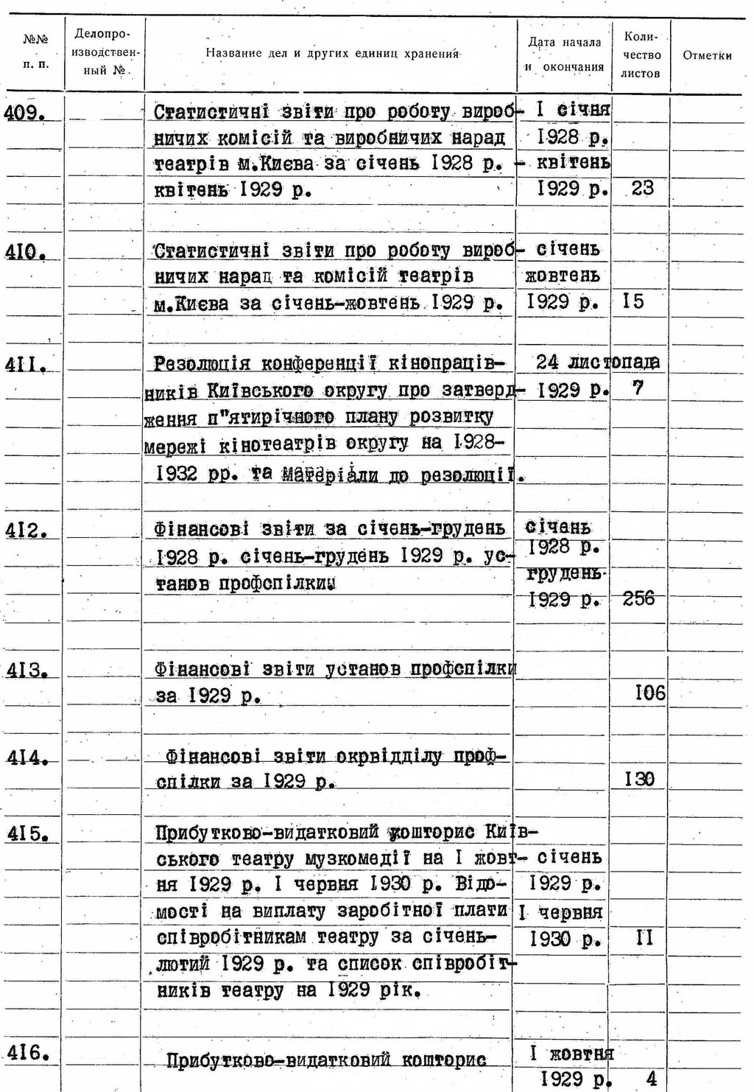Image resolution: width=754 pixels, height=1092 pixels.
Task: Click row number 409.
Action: tap(26, 113)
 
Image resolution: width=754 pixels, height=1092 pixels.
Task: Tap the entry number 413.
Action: tap(26, 671)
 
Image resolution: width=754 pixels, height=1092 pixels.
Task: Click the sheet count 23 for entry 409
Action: tap(641, 189)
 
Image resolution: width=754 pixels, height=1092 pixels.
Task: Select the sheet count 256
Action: tap(638, 598)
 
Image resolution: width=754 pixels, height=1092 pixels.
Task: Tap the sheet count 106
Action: tap(649, 693)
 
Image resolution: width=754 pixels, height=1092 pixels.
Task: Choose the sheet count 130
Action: tap(639, 779)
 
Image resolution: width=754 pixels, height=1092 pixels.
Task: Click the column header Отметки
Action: tap(707, 55)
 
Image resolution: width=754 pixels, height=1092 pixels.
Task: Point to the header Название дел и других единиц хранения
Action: tap(332, 54)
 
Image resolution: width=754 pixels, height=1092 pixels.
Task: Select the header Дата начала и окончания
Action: tap(564, 55)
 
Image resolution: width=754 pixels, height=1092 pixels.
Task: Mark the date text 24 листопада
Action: tap(597, 362)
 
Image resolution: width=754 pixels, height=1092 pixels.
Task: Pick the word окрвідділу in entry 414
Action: tap(390, 757)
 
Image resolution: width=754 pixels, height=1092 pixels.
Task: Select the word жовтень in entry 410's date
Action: tap(563, 276)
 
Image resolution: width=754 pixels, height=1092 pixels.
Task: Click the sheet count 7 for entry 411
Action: tap(638, 388)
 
